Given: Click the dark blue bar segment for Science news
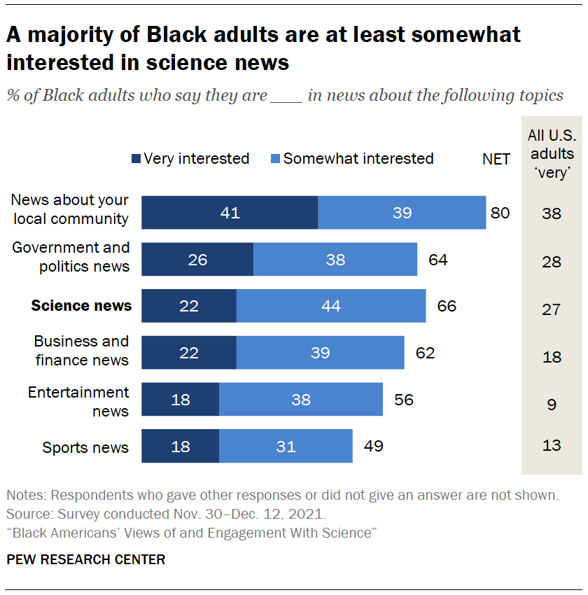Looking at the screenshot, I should (189, 306).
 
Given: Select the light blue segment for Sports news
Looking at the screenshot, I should (286, 446).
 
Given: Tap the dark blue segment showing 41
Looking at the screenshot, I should (230, 213).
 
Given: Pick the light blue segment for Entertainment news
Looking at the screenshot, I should (301, 400).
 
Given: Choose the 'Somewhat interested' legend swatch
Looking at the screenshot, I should (275, 159).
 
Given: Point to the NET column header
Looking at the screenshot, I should (496, 159).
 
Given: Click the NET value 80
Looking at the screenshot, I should (500, 213).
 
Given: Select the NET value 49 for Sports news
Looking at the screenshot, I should (374, 446).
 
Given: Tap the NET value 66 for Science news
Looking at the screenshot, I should (447, 306).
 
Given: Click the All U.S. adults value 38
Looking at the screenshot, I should (552, 213).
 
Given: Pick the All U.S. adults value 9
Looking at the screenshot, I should (552, 404).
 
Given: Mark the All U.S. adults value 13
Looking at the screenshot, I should (552, 445).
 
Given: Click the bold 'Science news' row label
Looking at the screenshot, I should (81, 306).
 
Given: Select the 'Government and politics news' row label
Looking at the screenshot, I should (71, 257).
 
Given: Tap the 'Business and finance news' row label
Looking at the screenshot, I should (82, 350).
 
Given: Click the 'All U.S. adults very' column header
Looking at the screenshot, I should (552, 154).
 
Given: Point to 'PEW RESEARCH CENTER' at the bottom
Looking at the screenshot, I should (86, 560).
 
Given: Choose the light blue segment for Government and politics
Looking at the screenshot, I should (335, 260).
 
